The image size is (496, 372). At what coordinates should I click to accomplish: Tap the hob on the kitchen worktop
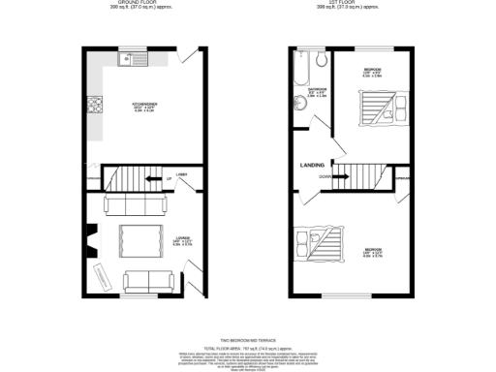pyautogui.click(x=95, y=105)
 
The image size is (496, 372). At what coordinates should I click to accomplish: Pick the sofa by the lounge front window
pyautogui.click(x=146, y=281)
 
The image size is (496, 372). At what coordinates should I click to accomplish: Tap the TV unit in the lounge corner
pyautogui.click(x=103, y=276)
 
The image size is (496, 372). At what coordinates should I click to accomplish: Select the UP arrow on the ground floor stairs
pyautogui.click(x=169, y=180)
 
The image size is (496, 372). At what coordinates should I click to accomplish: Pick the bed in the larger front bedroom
pyautogui.click(x=316, y=243)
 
